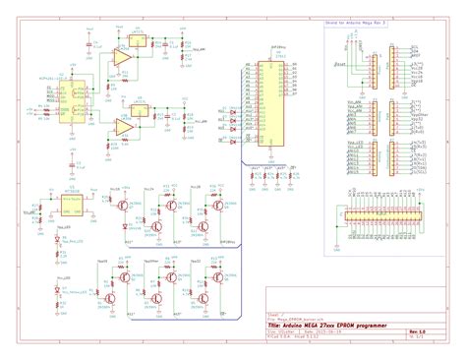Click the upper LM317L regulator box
coord(139,43)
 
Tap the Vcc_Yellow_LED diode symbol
coord(59,292)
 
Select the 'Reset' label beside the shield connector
coord(340,65)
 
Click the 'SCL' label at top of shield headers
coord(416,45)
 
